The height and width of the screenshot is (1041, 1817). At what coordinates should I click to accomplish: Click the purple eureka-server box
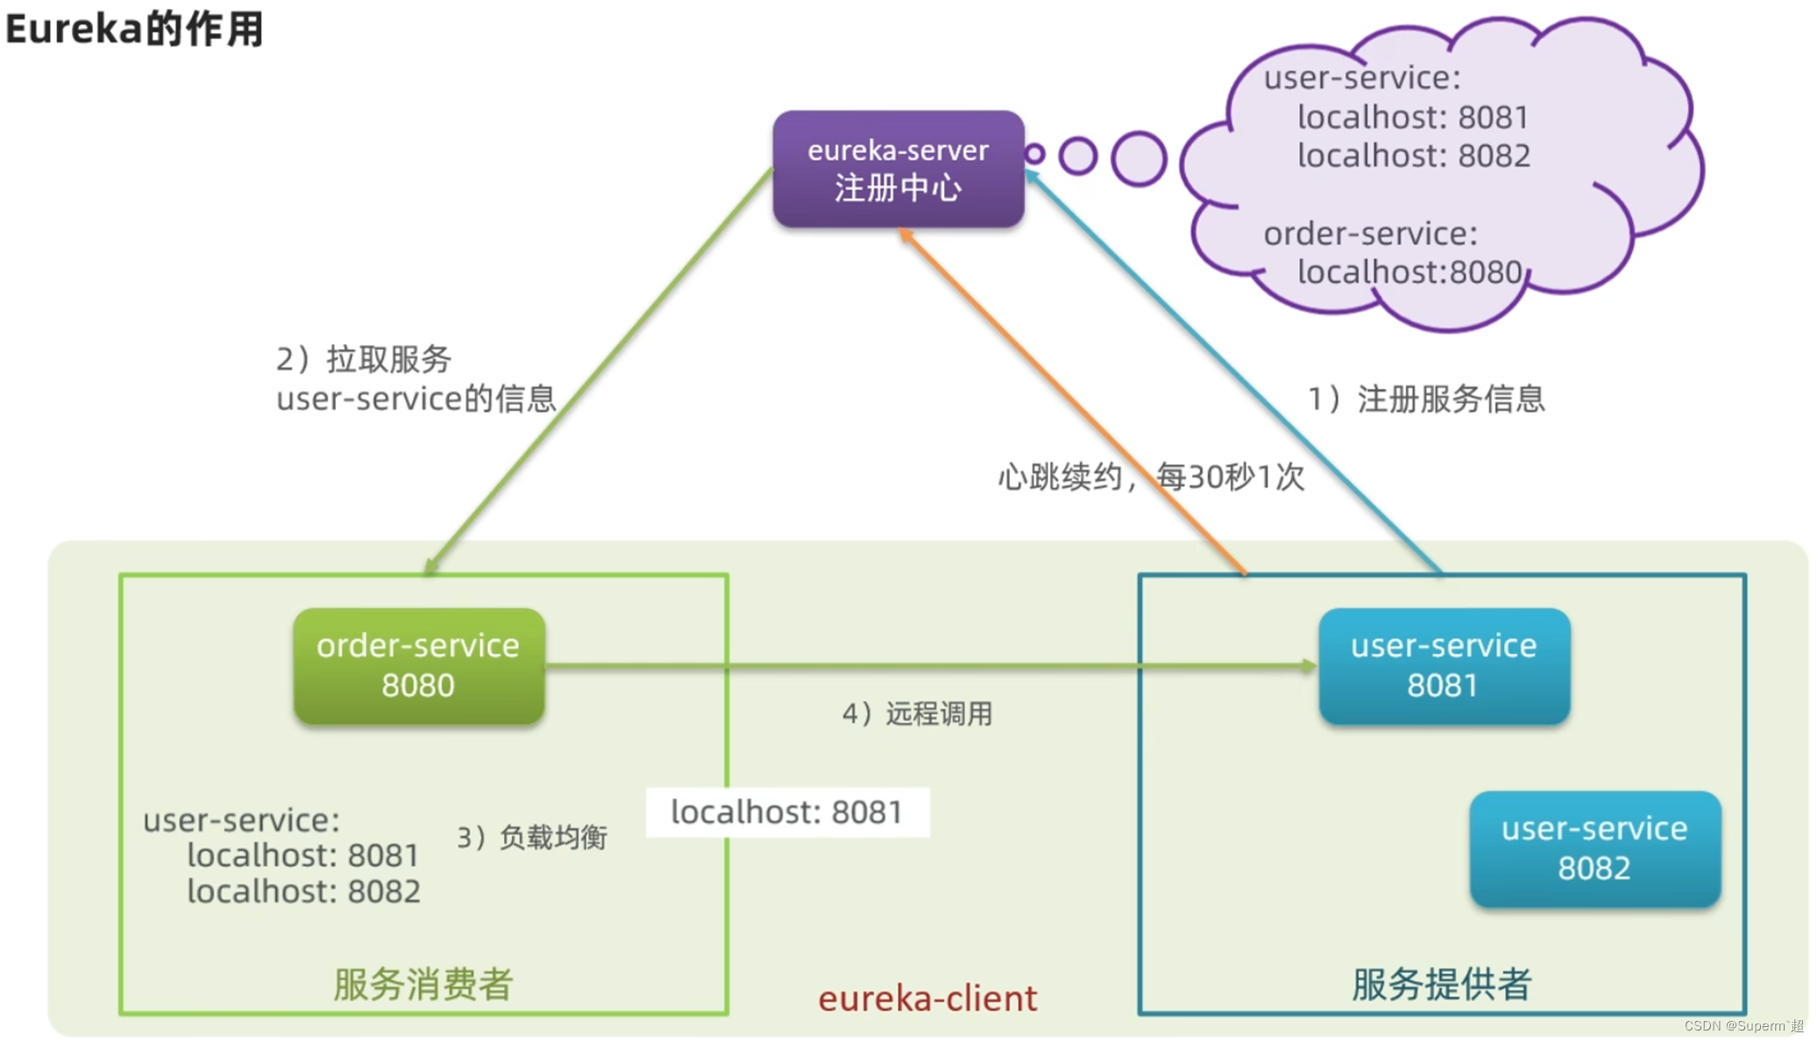(x=898, y=168)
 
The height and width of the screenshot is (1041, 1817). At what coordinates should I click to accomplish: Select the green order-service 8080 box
(x=418, y=666)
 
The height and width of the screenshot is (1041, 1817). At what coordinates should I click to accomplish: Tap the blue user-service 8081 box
(x=1443, y=666)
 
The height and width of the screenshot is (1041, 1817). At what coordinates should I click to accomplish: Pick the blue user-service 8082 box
(x=1593, y=848)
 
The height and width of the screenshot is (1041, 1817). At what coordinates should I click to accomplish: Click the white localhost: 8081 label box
(x=786, y=812)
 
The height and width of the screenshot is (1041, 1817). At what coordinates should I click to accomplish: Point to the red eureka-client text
(x=927, y=998)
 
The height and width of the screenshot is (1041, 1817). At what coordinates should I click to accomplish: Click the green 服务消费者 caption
(x=422, y=984)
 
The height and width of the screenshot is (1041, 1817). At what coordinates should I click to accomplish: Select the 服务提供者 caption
(x=1441, y=984)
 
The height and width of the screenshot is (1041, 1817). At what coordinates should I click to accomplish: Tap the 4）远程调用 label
(x=917, y=714)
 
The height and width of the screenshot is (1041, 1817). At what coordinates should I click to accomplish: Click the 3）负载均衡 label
(x=532, y=838)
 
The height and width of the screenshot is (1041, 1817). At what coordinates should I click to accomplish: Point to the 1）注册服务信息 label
(x=1426, y=399)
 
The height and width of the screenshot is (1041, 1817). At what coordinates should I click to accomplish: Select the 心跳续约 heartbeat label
(x=1150, y=477)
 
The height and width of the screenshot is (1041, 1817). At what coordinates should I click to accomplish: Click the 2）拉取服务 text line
(x=364, y=359)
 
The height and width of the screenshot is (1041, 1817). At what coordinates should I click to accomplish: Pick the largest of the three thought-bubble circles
(x=1139, y=159)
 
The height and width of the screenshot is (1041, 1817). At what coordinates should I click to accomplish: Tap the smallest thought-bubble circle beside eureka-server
(x=1034, y=154)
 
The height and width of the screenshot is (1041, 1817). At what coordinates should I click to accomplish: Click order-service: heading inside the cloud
(x=1370, y=233)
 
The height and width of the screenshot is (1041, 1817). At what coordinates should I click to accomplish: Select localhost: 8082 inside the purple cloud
(x=1413, y=156)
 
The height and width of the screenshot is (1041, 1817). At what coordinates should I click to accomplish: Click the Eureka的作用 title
(x=134, y=28)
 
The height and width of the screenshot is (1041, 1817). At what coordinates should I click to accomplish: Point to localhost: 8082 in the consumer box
(x=303, y=891)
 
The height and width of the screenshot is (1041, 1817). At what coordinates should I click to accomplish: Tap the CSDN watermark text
(x=1742, y=1025)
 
